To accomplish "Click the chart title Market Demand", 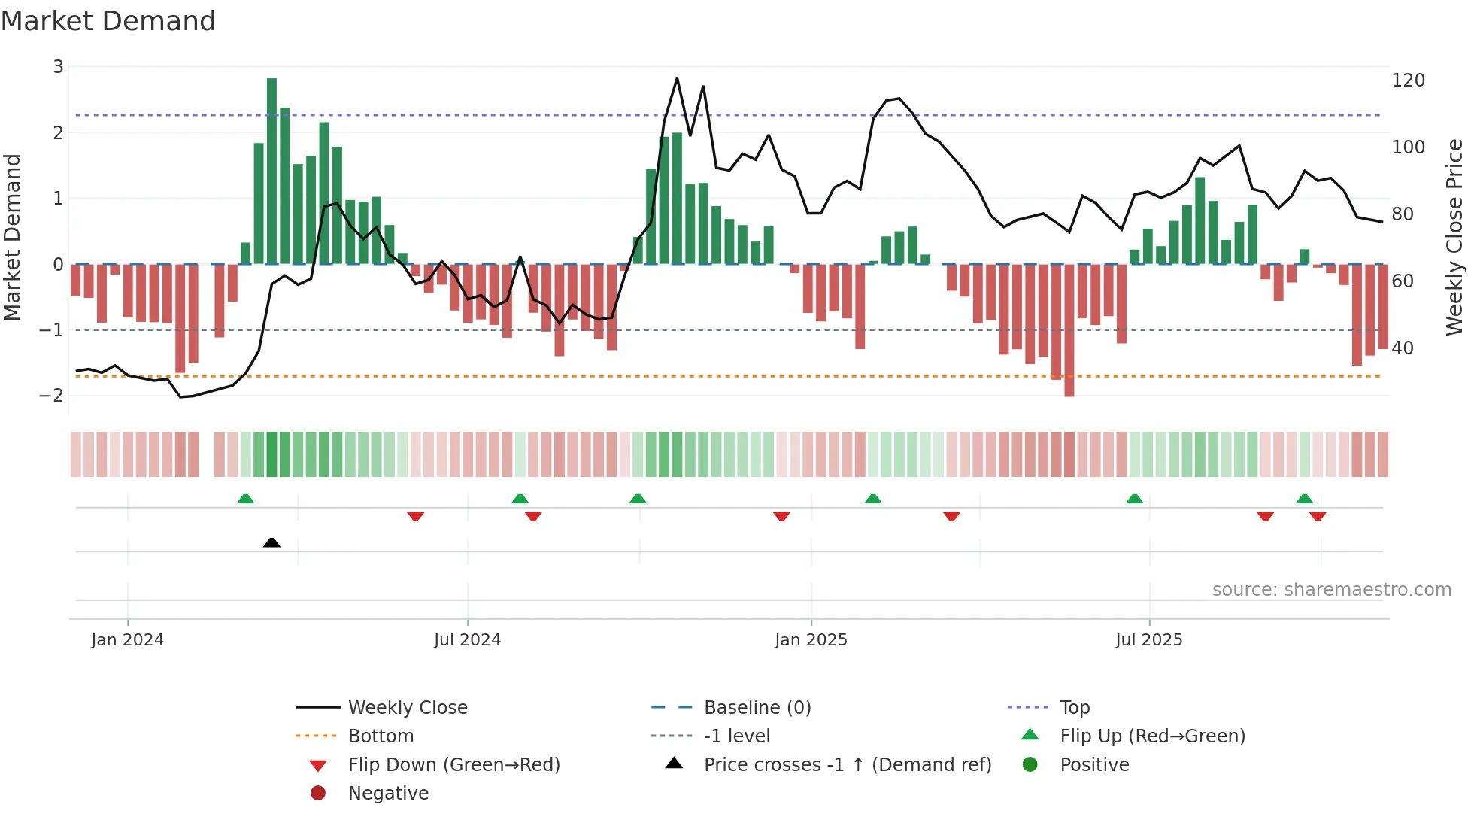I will [108, 21].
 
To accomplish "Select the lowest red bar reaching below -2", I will [1069, 331].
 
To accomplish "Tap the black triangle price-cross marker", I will [271, 542].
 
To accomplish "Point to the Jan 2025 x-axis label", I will [811, 640].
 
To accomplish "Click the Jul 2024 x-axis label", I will [467, 640].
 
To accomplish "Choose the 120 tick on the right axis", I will [1408, 80].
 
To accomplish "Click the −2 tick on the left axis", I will [51, 396].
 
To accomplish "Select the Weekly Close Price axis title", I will [1454, 237].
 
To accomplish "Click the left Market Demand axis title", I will [12, 237].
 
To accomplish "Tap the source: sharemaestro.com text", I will [1331, 590].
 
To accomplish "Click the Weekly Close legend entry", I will [407, 708].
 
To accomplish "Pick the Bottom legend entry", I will [381, 736].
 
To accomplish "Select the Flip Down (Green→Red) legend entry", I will [453, 765].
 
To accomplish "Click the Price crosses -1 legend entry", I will [847, 765].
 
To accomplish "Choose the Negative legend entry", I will [388, 794].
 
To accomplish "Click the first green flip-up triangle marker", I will [245, 499].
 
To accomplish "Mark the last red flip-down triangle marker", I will [1317, 516].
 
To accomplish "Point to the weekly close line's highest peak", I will [677, 78].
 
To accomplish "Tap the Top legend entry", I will [1074, 708].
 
